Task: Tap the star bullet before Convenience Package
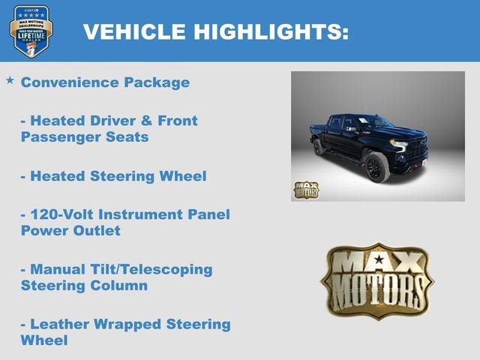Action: (10, 79)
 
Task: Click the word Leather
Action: (59, 324)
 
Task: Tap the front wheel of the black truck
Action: (376, 167)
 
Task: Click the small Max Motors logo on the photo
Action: (305, 189)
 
